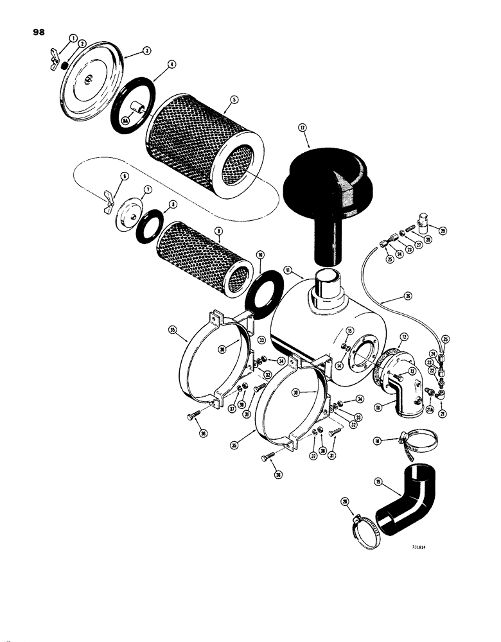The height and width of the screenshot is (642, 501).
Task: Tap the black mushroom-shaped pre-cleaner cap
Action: [328, 186]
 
